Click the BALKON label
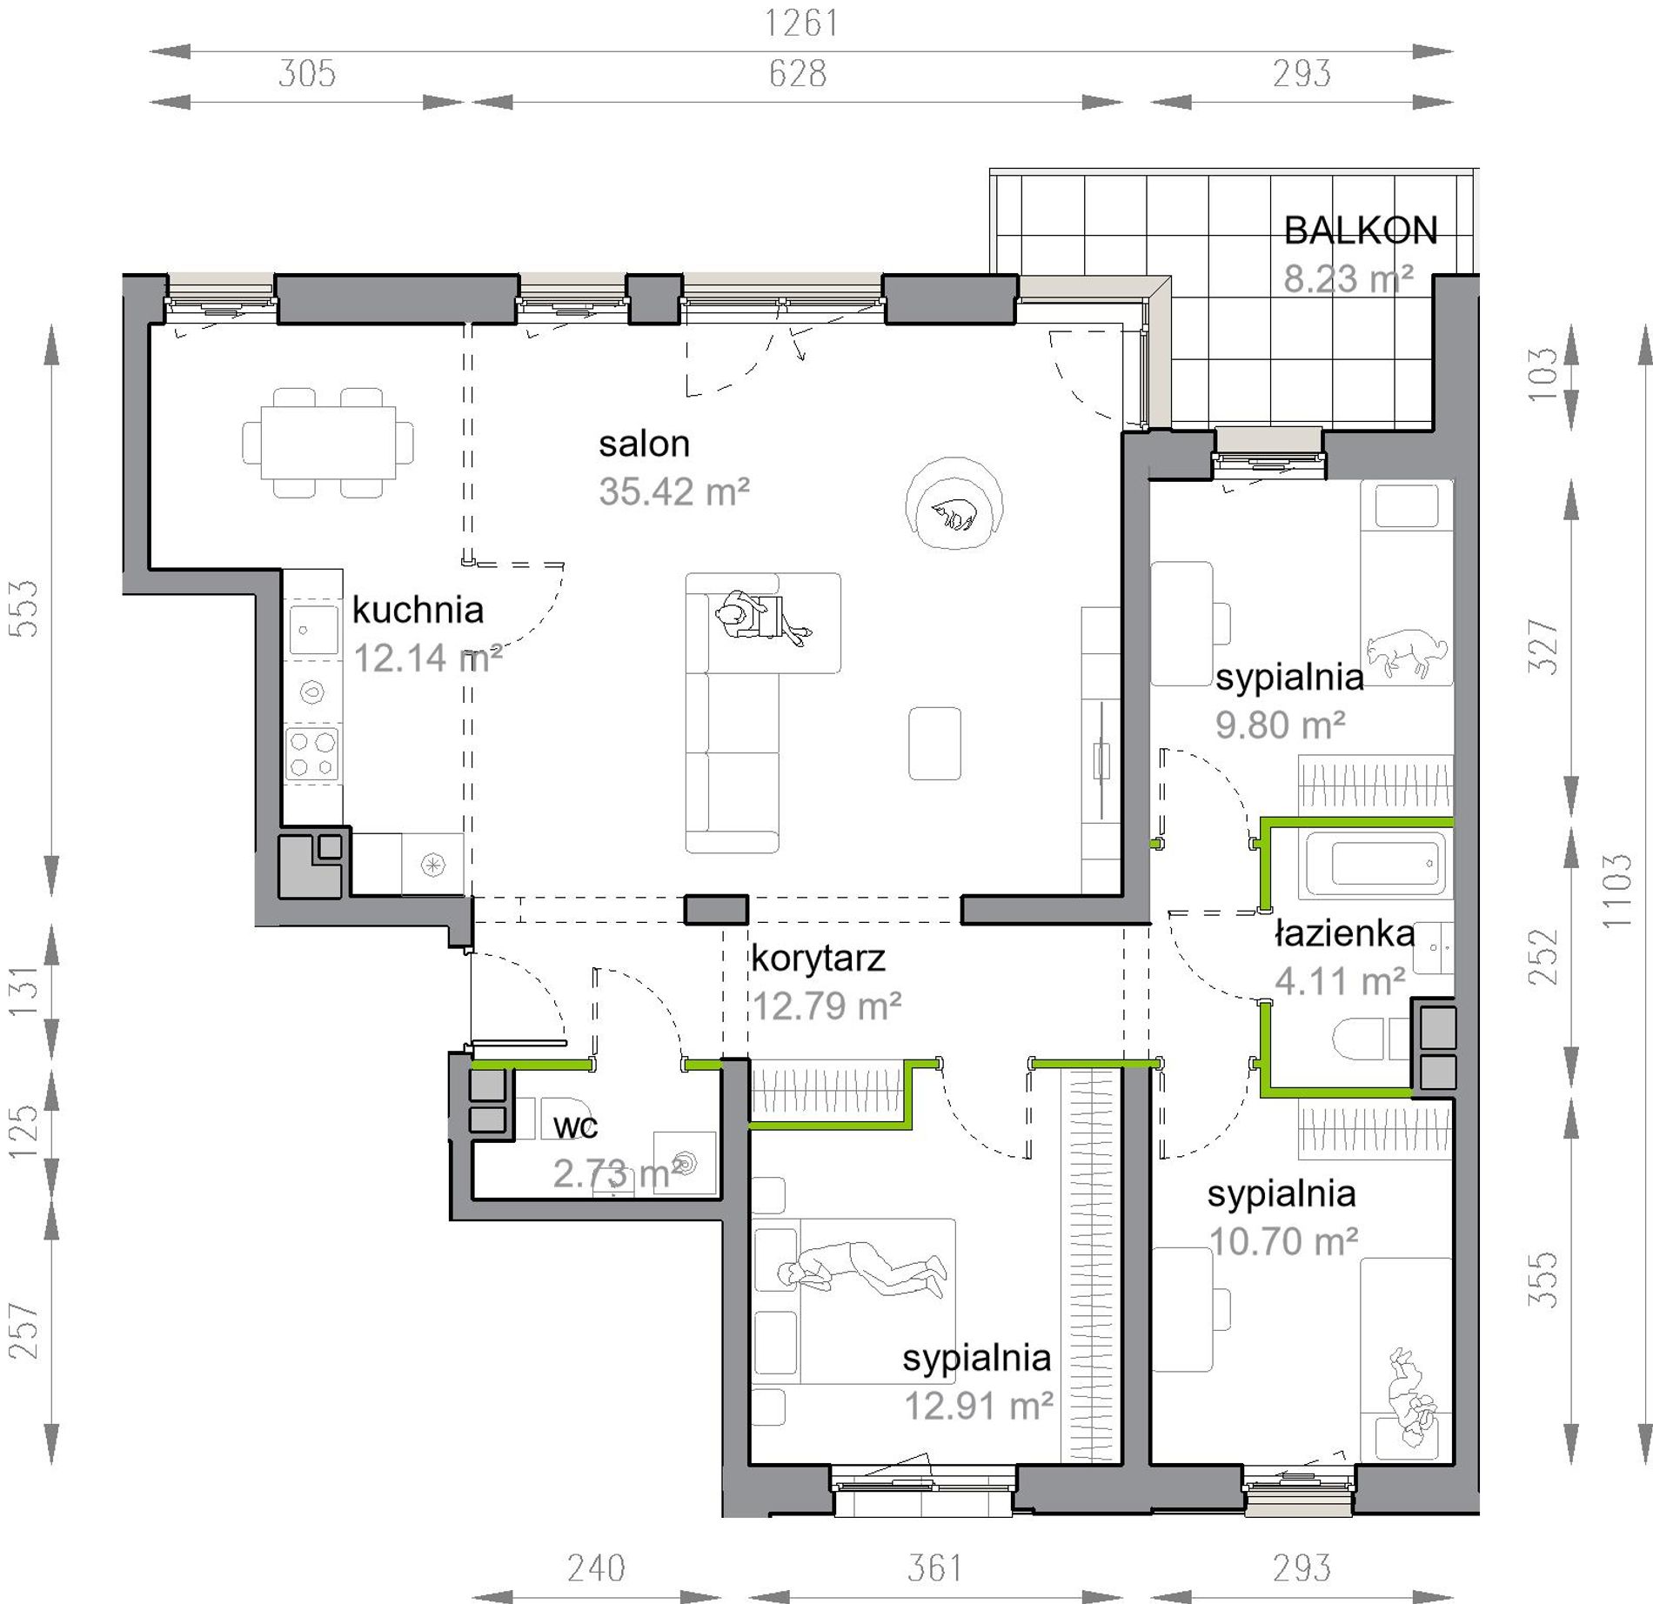click(1360, 231)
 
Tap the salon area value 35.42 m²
click(673, 492)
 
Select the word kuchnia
click(418, 610)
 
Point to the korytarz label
click(818, 959)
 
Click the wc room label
click(575, 1127)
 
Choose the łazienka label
click(1344, 933)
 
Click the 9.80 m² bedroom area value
click(1280, 725)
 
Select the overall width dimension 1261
click(801, 23)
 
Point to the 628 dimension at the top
click(798, 74)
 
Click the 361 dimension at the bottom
click(935, 1568)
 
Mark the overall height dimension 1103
click(1617, 891)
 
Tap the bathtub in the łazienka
click(1375, 864)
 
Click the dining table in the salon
click(328, 443)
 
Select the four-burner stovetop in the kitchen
click(312, 754)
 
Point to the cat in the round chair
click(954, 515)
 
